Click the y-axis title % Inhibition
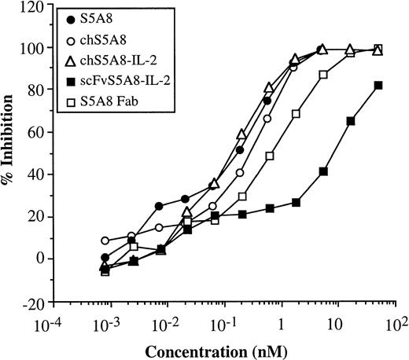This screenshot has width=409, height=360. click(x=16, y=153)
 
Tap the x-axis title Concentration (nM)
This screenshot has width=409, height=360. click(x=230, y=348)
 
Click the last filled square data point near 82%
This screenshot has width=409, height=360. click(x=378, y=86)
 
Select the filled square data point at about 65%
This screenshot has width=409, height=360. click(x=351, y=121)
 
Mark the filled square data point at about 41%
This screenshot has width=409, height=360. click(x=323, y=171)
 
